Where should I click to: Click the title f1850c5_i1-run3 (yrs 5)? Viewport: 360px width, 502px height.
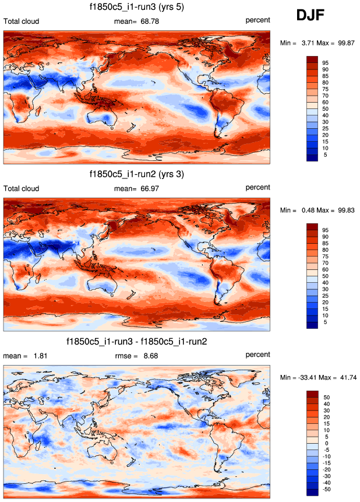pyautogui.click(x=137, y=8)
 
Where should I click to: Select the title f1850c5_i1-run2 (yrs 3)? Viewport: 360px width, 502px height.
pyautogui.click(x=137, y=174)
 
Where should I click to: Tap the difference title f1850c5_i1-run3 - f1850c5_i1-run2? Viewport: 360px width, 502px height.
pyautogui.click(x=137, y=341)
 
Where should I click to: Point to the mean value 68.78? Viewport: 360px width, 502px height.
pyautogui.click(x=148, y=21)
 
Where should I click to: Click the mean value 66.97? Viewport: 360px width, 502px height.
pyautogui.click(x=148, y=188)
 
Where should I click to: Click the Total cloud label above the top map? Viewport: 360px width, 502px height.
pyautogui.click(x=22, y=21)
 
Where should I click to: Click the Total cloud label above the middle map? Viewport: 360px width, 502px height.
pyautogui.click(x=22, y=188)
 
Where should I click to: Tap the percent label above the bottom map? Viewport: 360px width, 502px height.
pyautogui.click(x=257, y=354)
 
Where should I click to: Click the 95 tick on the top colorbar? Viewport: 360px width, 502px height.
pyautogui.click(x=326, y=62)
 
